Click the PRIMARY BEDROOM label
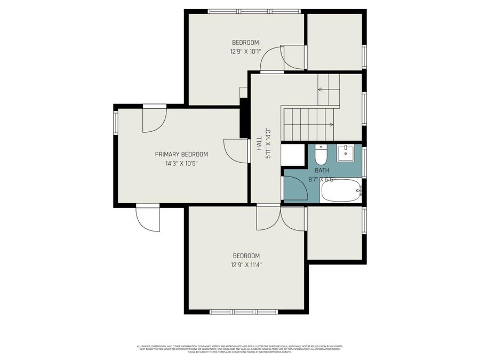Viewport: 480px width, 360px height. tap(181, 154)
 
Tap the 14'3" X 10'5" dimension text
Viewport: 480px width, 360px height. tap(181, 164)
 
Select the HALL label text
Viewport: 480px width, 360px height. tap(259, 142)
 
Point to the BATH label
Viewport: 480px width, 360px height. tap(322, 170)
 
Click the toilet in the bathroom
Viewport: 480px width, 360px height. tap(321, 155)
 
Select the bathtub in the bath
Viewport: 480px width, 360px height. tap(341, 190)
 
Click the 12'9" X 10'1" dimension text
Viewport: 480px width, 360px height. tap(245, 52)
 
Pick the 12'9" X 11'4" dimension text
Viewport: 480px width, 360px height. tap(246, 265)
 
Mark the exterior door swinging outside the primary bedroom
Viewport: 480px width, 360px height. tap(148, 218)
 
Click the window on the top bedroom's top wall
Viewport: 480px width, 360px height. tap(254, 11)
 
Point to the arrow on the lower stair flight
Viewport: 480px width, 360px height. tap(331, 125)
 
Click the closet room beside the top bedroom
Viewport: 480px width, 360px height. tap(334, 41)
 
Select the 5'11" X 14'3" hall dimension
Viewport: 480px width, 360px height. tap(269, 142)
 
